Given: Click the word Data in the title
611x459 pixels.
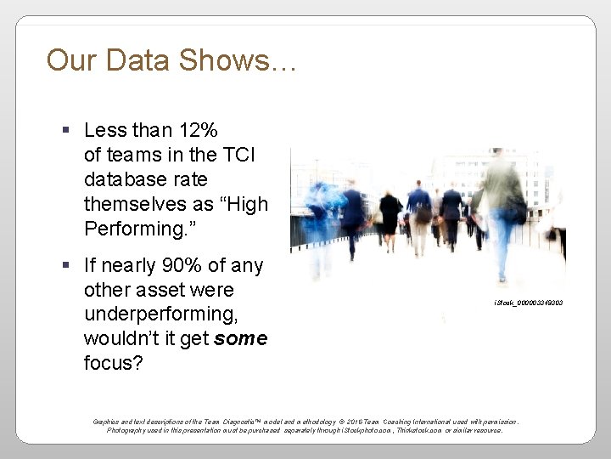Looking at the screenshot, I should [x=132, y=60].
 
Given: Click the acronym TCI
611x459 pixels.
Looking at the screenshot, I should [x=238, y=155].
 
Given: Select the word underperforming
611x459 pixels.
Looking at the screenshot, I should [x=160, y=314].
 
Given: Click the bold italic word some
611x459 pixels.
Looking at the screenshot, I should [x=241, y=339].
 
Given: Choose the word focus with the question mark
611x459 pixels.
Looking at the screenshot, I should [x=115, y=364].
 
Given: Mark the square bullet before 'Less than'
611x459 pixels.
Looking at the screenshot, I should [x=67, y=131].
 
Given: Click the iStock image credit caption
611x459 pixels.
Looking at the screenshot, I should [x=528, y=303].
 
